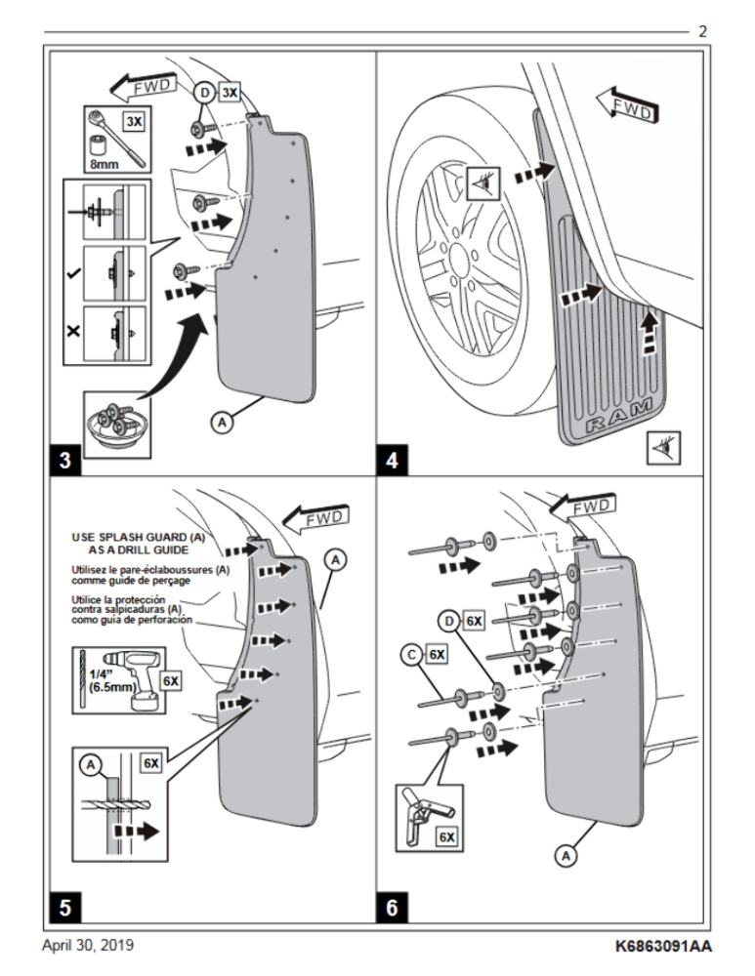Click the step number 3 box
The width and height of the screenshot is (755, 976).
[65, 461]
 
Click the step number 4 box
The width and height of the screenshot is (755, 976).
[392, 461]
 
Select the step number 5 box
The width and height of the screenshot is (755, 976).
[65, 908]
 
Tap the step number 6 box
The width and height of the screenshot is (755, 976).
[392, 908]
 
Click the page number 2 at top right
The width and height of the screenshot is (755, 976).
[702, 32]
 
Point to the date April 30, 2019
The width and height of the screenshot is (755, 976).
[88, 945]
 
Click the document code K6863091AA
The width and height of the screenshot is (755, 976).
[663, 946]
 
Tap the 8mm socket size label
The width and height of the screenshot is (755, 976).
[105, 165]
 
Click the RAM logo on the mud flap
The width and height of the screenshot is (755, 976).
[619, 417]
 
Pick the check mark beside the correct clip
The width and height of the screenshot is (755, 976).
[73, 273]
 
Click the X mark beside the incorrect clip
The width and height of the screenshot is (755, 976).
[73, 331]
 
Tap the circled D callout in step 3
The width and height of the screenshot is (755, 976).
[204, 94]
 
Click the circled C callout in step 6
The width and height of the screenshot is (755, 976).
[411, 655]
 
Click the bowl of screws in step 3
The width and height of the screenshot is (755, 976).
[116, 426]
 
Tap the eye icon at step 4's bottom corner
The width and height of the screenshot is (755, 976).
[663, 448]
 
